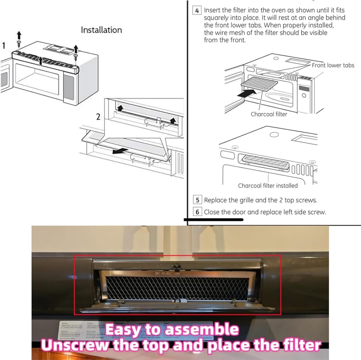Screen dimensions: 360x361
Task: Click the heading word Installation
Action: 101,30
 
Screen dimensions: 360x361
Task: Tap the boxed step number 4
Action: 197,11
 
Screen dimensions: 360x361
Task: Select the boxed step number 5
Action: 197,200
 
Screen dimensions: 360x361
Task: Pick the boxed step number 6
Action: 197,212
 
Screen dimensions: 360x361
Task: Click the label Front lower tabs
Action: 333,65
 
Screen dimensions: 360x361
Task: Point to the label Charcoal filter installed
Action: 268,186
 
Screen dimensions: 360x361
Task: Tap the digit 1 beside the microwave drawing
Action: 4,46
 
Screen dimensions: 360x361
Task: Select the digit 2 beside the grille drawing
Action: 98,117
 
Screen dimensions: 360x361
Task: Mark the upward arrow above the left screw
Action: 19,35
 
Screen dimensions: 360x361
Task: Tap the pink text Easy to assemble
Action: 172,330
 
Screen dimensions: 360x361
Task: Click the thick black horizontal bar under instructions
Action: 214,219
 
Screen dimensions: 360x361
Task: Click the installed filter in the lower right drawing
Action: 265,162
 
